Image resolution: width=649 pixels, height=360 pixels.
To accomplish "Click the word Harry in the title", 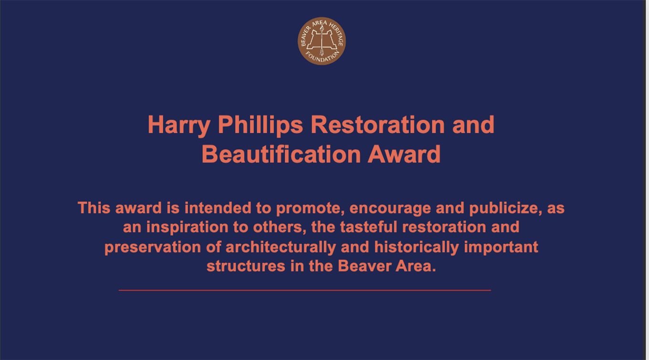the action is pos(179,125).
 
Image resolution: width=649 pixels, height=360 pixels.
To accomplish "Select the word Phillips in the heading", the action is pos(260,125).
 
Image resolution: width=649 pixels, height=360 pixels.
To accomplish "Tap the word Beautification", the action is pos(281,154).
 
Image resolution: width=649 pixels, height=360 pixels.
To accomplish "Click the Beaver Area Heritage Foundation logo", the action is pos(322,41).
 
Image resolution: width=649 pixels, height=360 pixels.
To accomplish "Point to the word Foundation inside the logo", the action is pos(322,57).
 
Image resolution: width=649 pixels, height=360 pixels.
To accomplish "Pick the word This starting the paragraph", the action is pos(94,208).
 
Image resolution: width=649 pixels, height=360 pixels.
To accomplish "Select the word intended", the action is pos(218,208).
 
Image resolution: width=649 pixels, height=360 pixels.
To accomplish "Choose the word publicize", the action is pos(505,209).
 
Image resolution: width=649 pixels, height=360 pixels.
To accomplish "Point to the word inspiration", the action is pos(187,227).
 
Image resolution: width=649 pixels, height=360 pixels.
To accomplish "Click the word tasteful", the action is pos(368,227).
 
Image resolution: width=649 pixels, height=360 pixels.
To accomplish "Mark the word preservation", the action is pos(153,247).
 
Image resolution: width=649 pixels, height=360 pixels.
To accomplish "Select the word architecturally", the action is pos(281,247).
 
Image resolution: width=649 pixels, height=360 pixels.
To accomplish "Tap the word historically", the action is pos(416,247).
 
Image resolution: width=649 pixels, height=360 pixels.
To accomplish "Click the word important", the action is pos(501,247).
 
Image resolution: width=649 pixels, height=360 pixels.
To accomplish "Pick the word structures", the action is pos(246,266).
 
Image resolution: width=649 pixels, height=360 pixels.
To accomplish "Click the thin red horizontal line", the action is pos(305,290).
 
